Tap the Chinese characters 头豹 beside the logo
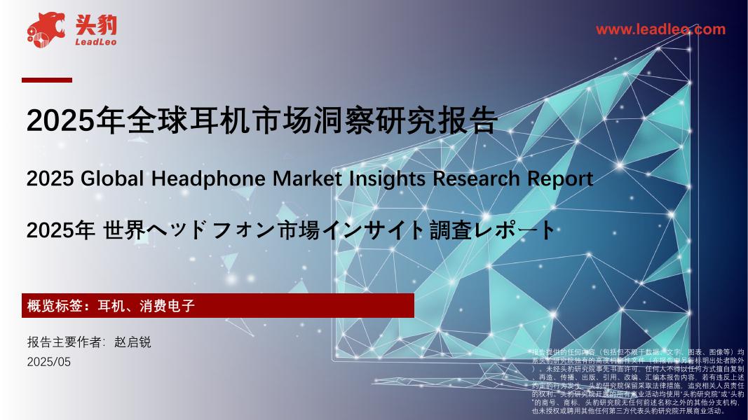(x=97, y=25)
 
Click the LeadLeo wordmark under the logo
(x=95, y=43)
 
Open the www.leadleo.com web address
(x=660, y=29)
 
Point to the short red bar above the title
(x=47, y=80)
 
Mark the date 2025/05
(x=49, y=362)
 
